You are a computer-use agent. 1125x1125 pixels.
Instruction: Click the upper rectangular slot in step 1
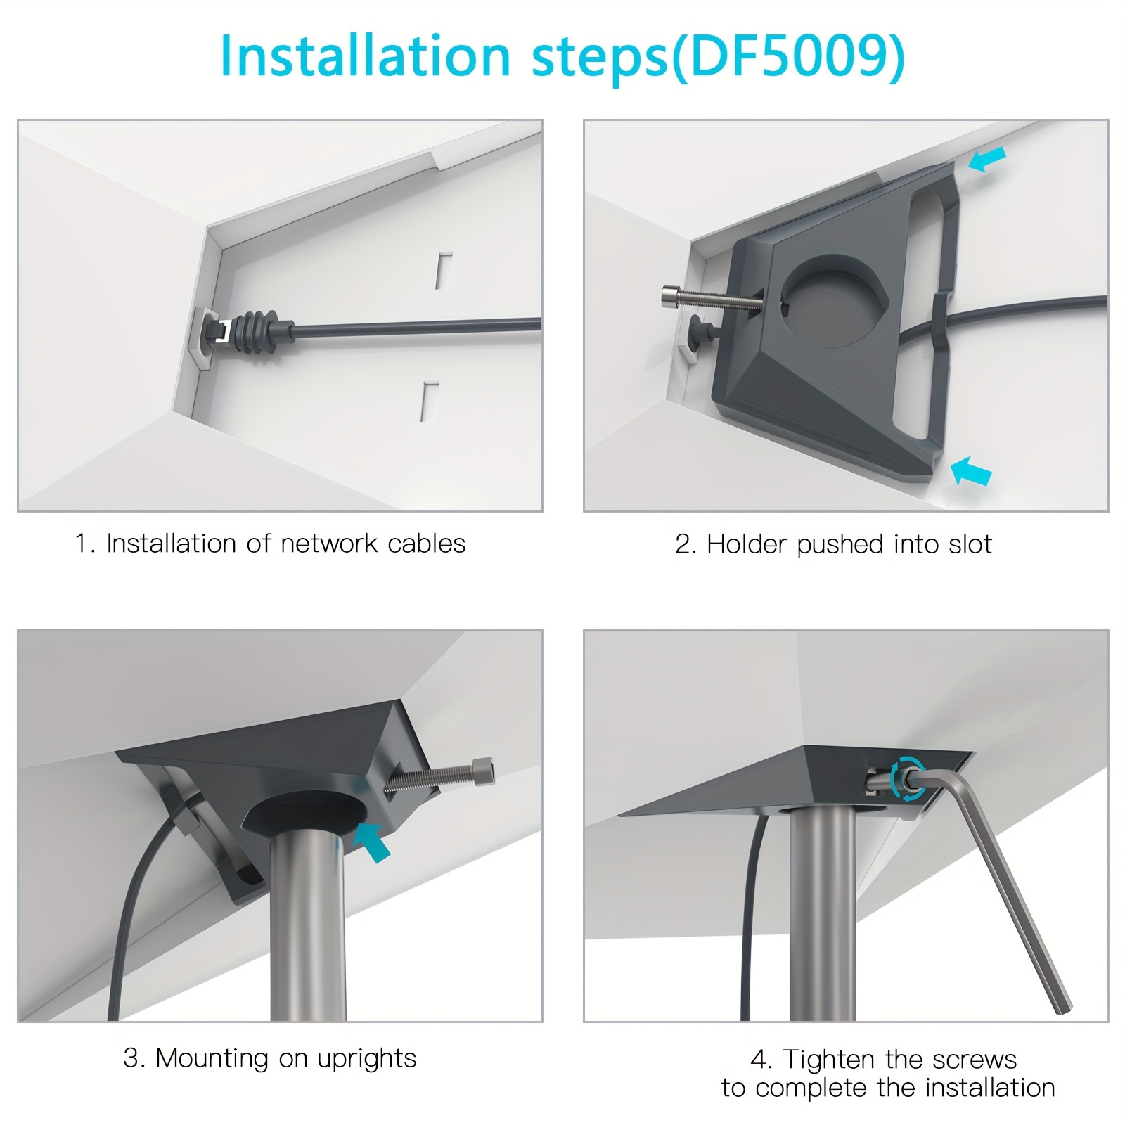click(x=443, y=270)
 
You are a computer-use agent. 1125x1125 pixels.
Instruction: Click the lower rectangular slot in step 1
click(x=430, y=401)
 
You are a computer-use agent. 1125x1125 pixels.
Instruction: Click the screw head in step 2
click(x=671, y=296)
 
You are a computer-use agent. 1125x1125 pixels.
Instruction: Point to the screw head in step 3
click(x=484, y=770)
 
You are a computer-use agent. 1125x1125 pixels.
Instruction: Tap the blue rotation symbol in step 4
click(x=906, y=778)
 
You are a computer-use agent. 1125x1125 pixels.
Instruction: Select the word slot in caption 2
click(x=967, y=544)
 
